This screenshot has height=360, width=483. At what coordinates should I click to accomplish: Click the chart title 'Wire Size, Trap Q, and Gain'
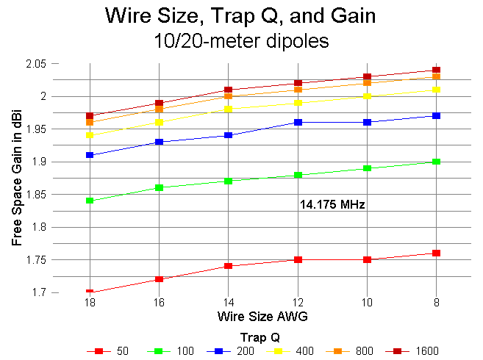241,15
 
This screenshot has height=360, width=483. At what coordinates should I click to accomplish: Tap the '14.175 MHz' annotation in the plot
333,205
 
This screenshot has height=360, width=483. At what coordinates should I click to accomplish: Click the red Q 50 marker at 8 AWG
437,253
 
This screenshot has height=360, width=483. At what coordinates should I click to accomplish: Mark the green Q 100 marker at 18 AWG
89,201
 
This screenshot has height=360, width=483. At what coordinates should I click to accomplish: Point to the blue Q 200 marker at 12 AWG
298,122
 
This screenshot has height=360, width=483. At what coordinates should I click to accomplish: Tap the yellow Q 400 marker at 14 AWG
229,109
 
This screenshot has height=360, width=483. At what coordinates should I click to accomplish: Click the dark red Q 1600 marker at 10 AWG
367,76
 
